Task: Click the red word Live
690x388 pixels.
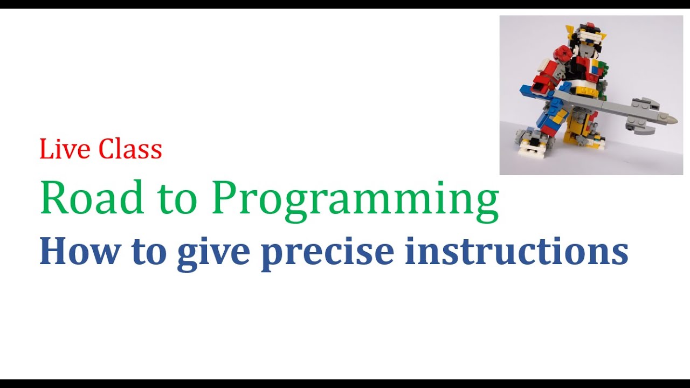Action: pyautogui.click(x=61, y=149)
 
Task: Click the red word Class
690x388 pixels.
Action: pyautogui.click(x=132, y=149)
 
